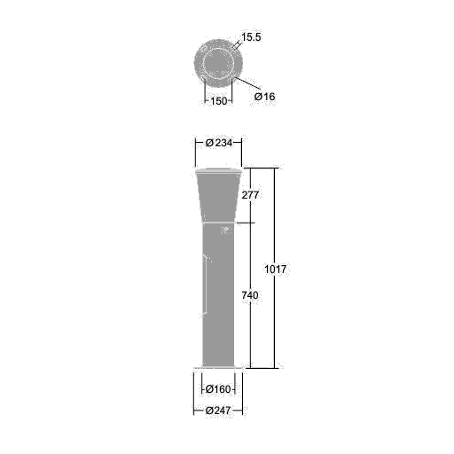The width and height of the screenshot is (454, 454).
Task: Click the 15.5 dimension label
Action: pyautogui.click(x=251, y=37)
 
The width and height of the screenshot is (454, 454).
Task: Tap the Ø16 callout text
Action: pyautogui.click(x=264, y=97)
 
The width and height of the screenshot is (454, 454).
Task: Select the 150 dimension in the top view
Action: pyautogui.click(x=219, y=101)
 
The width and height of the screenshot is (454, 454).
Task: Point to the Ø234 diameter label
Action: pyautogui.click(x=219, y=143)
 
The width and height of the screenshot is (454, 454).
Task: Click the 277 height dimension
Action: pyautogui.click(x=250, y=195)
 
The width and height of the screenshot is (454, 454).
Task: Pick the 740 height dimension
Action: pyautogui.click(x=250, y=295)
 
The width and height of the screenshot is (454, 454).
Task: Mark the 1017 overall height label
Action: pyautogui.click(x=275, y=270)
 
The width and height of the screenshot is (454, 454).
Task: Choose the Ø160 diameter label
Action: pyautogui.click(x=218, y=389)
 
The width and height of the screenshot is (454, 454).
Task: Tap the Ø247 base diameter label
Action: pyautogui.click(x=218, y=411)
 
